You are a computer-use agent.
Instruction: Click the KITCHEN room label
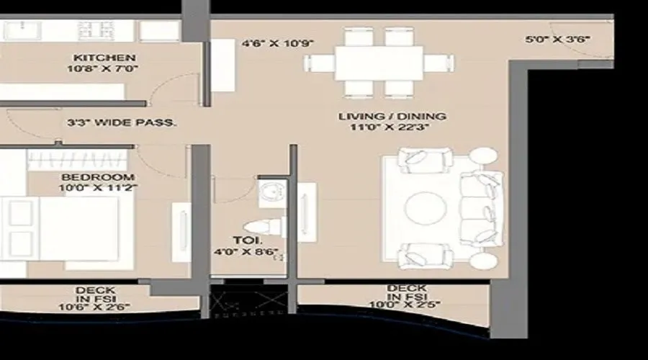pos(106,57)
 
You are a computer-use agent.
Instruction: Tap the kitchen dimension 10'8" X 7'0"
pos(105,68)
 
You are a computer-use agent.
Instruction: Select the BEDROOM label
pos(97,177)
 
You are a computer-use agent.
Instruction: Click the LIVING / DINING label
pos(392,116)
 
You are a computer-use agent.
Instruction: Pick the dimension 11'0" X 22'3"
pos(392,127)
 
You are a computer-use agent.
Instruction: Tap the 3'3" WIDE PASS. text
pos(121,123)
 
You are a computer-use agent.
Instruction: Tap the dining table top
pos(378,63)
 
